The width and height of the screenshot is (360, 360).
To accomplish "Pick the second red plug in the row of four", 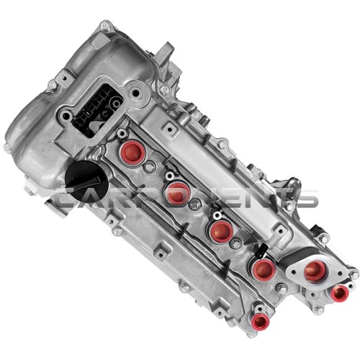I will [176, 192].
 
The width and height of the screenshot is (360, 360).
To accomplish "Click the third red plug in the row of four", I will [220, 230].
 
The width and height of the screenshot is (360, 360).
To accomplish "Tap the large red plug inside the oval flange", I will [315, 271].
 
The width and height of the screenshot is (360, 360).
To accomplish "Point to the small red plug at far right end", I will [339, 293].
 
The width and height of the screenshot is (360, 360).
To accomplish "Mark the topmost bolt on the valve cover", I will [106, 26].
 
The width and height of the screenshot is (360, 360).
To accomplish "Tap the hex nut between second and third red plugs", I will [194, 204].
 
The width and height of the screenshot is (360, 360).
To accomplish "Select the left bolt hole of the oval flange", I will [291, 266].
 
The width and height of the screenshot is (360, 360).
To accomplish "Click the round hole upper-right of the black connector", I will [135, 92].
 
